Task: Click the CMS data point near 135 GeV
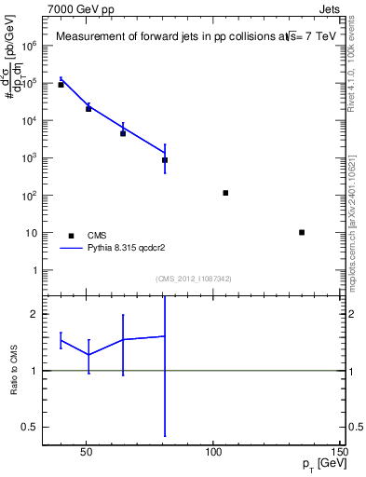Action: [302, 232]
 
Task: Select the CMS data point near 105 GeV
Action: [225, 193]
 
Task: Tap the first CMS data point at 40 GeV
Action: [61, 85]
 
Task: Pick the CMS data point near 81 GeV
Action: [165, 160]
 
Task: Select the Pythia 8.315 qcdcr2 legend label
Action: [127, 249]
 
